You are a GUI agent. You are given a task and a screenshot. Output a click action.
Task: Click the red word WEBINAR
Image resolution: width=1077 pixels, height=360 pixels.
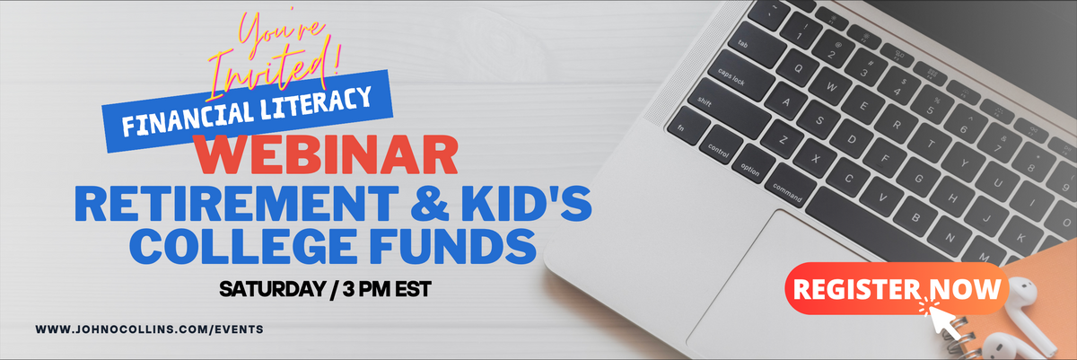click(326, 154)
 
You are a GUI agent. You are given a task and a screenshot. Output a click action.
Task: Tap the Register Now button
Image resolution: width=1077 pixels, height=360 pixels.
click(897, 288)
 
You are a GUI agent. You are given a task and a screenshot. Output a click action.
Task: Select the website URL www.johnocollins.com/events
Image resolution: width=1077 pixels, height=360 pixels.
click(150, 329)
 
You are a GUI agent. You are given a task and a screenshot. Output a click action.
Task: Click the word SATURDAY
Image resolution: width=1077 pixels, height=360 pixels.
click(273, 289)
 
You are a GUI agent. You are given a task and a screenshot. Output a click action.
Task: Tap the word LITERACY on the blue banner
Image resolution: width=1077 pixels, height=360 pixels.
click(316, 104)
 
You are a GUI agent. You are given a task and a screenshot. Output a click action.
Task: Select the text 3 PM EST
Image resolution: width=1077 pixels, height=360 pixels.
click(387, 289)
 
